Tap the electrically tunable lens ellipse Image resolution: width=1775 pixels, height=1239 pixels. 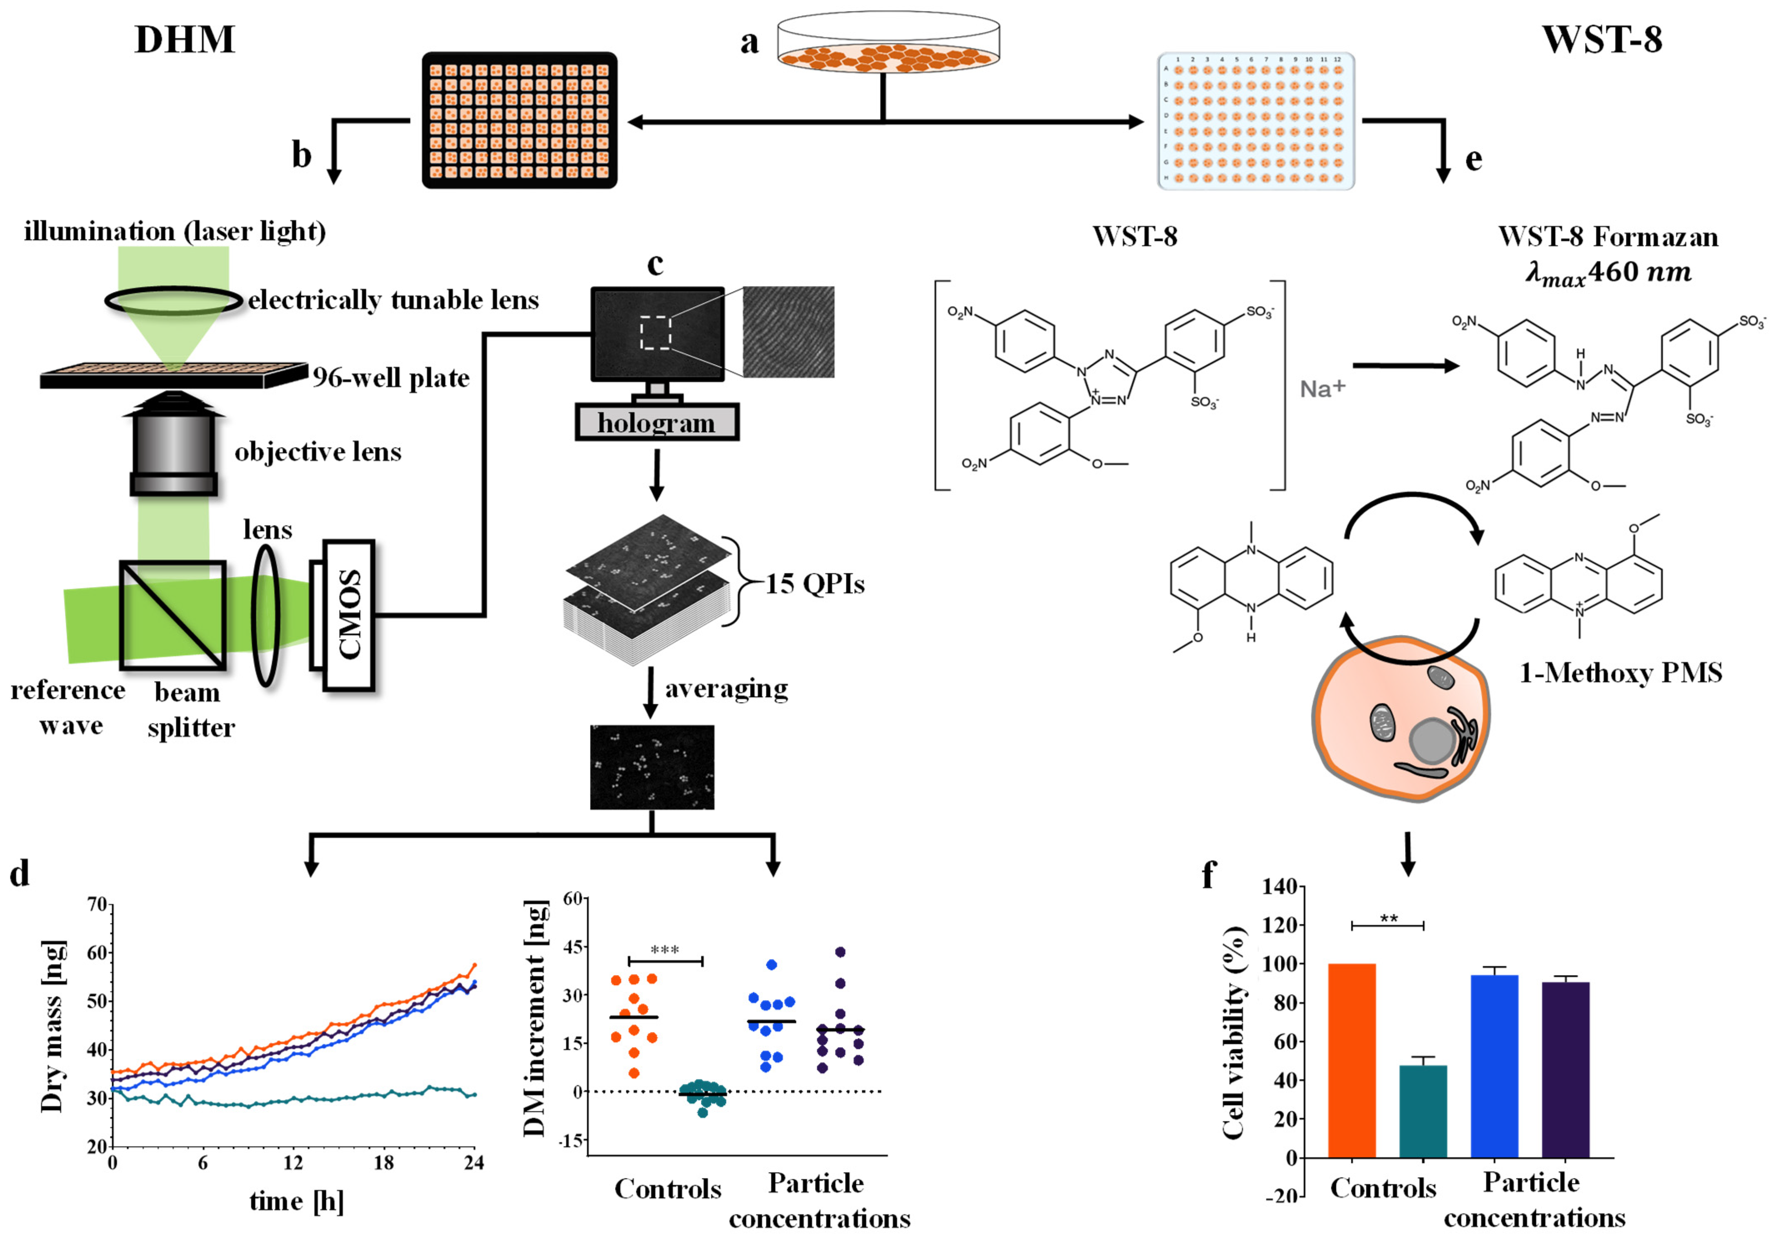[173, 301]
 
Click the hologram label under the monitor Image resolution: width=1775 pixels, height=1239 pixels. [656, 423]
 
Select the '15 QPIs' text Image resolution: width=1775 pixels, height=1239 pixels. [815, 584]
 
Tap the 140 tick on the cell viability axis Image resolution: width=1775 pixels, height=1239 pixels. [1280, 886]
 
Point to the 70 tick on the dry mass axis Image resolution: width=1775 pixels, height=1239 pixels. [97, 904]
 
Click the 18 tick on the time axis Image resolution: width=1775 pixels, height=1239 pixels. [383, 1162]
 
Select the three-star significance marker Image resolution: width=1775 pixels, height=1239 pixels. [665, 950]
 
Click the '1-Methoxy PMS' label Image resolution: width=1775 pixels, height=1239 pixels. [1621, 673]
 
